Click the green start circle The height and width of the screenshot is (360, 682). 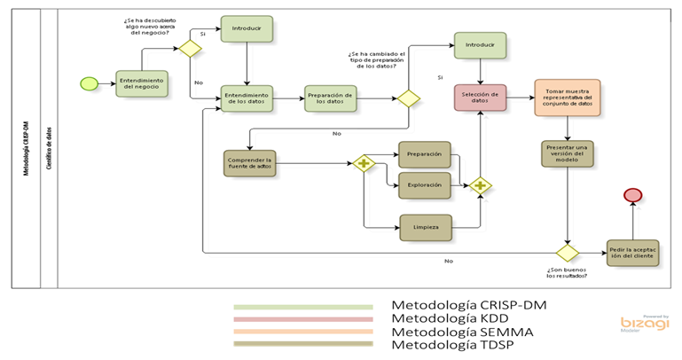pyautogui.click(x=89, y=83)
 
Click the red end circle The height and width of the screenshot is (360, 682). pyautogui.click(x=633, y=195)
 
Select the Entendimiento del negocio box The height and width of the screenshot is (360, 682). pyautogui.click(x=141, y=83)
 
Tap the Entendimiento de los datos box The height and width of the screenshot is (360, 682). pyautogui.click(x=247, y=98)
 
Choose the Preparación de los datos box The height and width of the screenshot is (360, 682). pyautogui.click(x=331, y=98)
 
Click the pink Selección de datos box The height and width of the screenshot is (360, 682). pyautogui.click(x=481, y=98)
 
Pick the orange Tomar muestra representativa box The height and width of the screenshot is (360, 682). pyautogui.click(x=567, y=98)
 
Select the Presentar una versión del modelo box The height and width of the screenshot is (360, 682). pyautogui.click(x=567, y=154)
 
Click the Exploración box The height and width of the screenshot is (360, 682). pyautogui.click(x=425, y=185)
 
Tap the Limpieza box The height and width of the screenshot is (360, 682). pyautogui.click(x=425, y=228)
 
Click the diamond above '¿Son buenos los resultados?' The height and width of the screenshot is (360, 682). pyautogui.click(x=567, y=253)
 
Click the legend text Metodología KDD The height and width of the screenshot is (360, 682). pyautogui.click(x=445, y=318)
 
